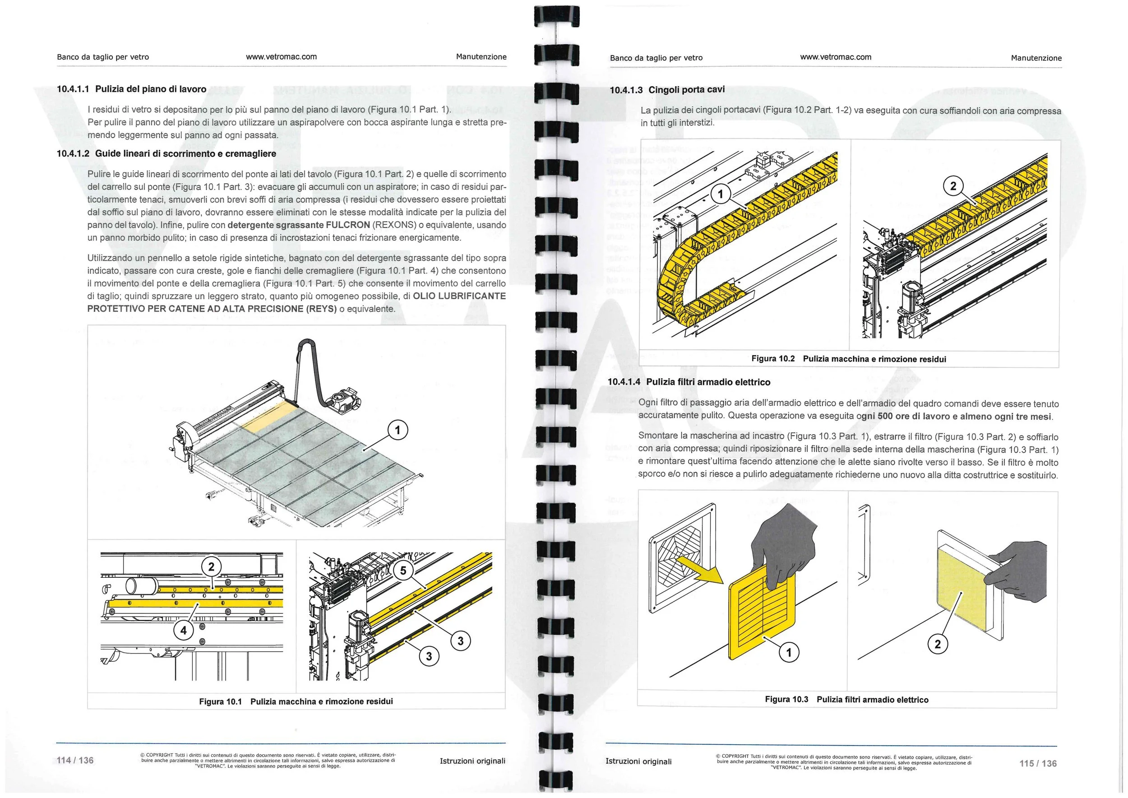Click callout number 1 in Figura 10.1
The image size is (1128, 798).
398,431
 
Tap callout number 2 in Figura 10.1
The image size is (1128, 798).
211,566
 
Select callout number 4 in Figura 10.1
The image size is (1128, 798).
184,630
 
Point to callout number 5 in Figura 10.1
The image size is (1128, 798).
403,570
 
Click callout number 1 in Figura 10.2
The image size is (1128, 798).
720,194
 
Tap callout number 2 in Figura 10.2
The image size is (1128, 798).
953,186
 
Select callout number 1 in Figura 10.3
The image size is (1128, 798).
789,653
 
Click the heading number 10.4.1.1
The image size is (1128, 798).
73,89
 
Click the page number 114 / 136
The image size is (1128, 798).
75,760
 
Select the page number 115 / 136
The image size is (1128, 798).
1038,763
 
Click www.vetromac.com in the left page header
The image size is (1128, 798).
281,56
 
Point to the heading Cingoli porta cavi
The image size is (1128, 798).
686,89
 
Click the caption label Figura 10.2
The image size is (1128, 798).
773,359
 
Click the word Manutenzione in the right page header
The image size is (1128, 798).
1036,58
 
